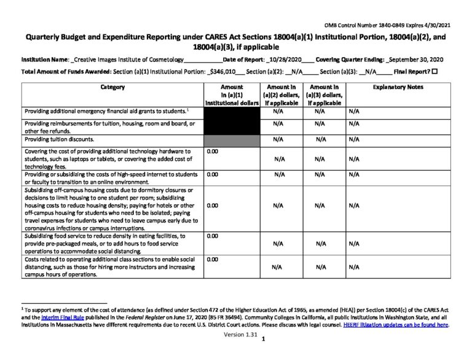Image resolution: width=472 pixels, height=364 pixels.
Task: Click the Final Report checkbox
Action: (435, 72)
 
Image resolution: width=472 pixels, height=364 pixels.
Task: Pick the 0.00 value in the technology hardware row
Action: (213, 150)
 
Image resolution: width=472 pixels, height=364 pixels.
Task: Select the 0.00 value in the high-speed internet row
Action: (213, 174)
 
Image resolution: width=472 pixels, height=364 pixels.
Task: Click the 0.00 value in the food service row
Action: (213, 236)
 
